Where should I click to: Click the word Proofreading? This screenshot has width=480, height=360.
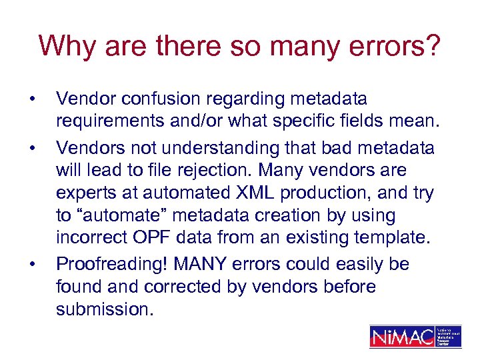[x=112, y=264]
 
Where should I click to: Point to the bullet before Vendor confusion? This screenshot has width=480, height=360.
[x=31, y=100]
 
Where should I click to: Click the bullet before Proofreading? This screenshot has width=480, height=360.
[x=31, y=265]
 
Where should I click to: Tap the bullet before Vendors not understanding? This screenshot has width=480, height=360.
[x=31, y=147]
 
